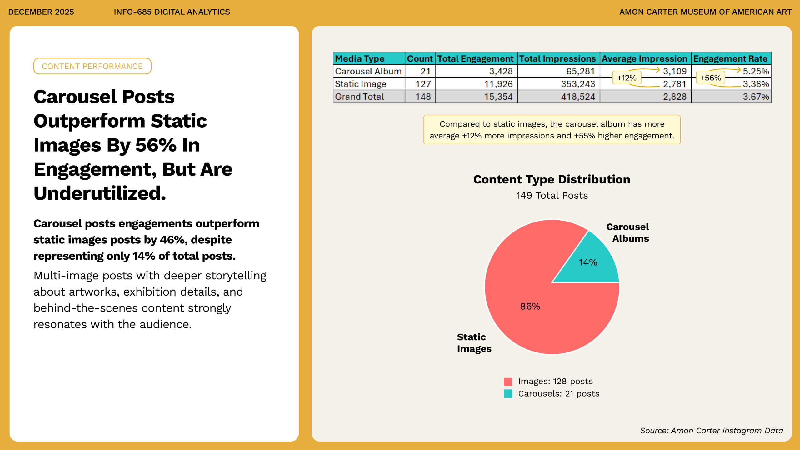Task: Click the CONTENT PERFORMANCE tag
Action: click(92, 66)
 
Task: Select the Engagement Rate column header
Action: click(730, 58)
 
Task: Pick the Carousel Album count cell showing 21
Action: click(425, 71)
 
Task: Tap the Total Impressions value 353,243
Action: click(578, 84)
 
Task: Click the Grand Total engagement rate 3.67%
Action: click(755, 97)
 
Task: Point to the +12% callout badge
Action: click(627, 78)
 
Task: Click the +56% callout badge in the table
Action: click(710, 78)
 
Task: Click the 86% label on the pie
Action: click(530, 306)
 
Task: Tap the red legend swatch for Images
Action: click(508, 382)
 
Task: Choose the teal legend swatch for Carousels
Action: click(508, 394)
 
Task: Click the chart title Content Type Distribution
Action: click(552, 179)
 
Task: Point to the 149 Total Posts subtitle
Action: click(552, 196)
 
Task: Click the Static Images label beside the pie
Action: click(474, 343)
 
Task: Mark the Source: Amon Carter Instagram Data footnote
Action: click(711, 431)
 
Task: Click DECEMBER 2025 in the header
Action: click(41, 12)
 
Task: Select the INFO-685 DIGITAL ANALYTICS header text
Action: click(172, 12)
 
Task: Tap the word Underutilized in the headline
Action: click(100, 193)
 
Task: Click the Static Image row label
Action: click(361, 84)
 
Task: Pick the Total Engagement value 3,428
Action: click(501, 71)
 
